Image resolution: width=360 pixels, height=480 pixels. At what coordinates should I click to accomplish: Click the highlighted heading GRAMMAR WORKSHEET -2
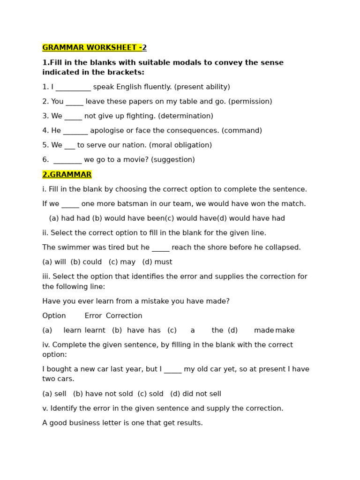click(x=94, y=48)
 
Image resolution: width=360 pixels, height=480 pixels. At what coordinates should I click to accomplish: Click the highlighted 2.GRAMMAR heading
click(x=67, y=175)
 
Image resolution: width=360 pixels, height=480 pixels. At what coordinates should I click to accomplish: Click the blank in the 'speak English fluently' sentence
click(x=73, y=88)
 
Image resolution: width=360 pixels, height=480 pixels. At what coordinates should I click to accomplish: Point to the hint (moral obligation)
click(x=180, y=145)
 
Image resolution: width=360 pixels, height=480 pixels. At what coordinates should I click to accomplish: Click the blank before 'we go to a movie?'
click(x=67, y=160)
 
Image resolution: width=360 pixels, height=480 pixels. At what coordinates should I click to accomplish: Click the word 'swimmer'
click(x=72, y=247)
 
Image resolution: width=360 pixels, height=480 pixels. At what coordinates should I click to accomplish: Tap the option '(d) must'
click(x=157, y=262)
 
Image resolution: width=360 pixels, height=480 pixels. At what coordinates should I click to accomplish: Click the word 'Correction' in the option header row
click(x=124, y=316)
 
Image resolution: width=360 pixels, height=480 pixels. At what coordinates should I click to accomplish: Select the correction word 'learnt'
click(x=95, y=330)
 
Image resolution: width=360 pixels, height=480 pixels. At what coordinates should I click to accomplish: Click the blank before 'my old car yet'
click(x=172, y=370)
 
